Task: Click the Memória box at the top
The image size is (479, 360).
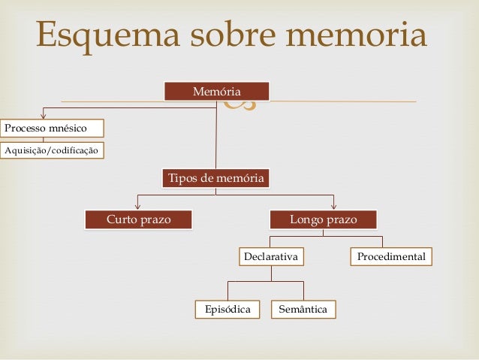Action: (216, 92)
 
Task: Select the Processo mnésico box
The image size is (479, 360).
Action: (52, 128)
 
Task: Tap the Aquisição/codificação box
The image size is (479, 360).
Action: (52, 150)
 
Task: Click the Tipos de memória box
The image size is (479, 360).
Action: (215, 178)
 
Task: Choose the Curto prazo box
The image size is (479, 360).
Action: (138, 219)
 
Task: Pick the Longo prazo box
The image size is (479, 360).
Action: (323, 219)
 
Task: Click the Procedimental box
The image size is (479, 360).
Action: (390, 257)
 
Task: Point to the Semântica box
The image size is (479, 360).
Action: (303, 309)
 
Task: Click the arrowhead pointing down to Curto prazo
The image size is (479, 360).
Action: (137, 205)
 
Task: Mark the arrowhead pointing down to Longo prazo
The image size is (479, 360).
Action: (334, 205)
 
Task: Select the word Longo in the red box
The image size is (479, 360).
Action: (306, 219)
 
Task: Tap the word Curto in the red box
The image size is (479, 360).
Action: (122, 219)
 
